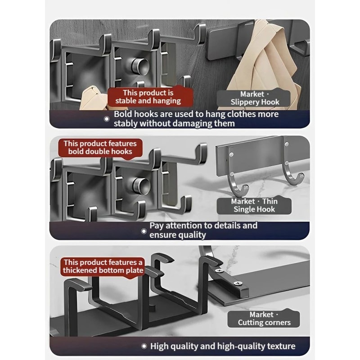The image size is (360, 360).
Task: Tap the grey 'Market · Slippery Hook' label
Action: click(255, 98)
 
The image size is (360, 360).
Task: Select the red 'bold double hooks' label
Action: click(100, 148)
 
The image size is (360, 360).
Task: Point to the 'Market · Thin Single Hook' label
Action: click(254, 206)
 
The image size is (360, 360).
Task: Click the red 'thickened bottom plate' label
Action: click(103, 266)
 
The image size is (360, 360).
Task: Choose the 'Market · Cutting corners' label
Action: click(264, 319)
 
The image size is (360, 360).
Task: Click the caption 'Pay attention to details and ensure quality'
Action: click(203, 230)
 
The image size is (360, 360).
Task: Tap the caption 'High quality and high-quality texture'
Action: click(223, 346)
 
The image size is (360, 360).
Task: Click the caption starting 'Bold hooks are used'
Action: click(196, 119)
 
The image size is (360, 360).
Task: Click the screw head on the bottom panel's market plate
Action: click(237, 283)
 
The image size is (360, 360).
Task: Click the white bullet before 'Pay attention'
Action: click(144, 230)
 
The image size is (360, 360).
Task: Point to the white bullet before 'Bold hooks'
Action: click(107, 119)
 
